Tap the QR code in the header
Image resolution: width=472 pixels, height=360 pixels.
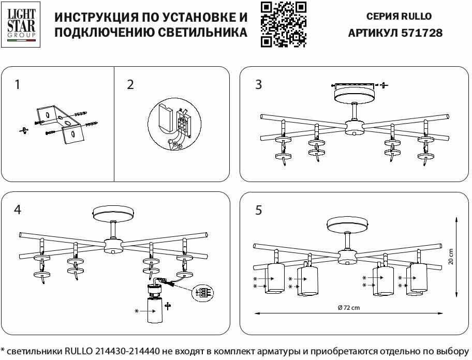(283, 24)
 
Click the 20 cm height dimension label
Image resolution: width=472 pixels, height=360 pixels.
(451, 257)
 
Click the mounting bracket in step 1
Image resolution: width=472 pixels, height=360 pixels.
(58, 123)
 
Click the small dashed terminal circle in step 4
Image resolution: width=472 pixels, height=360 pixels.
(202, 293)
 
